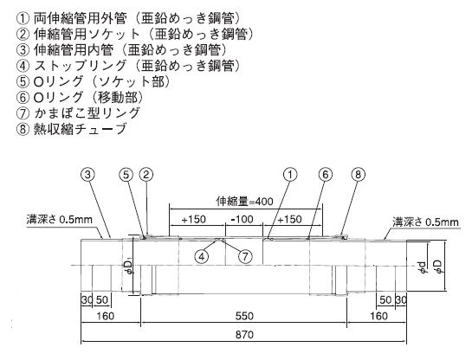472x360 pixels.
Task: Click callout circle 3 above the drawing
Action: point(87,175)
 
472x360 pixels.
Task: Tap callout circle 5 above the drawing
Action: point(126,175)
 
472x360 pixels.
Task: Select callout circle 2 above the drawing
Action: point(146,175)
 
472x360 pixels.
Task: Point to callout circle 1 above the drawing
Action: point(290,175)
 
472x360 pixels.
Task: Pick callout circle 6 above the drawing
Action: point(326,175)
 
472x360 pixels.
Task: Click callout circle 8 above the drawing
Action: point(358,175)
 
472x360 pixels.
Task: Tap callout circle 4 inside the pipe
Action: point(202,256)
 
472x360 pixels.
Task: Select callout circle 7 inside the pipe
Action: point(245,256)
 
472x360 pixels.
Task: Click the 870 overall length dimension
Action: point(244,334)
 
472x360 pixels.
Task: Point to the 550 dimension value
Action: point(244,316)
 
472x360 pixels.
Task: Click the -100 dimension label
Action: point(242,219)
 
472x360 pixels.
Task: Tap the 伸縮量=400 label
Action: point(244,202)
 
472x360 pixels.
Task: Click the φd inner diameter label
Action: point(423,267)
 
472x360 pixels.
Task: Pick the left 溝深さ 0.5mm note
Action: point(59,219)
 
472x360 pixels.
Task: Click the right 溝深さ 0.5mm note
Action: point(425,222)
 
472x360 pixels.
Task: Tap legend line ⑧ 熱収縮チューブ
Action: point(71,129)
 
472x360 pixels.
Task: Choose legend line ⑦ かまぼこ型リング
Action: point(78,113)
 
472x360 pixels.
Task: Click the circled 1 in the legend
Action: point(23,19)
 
